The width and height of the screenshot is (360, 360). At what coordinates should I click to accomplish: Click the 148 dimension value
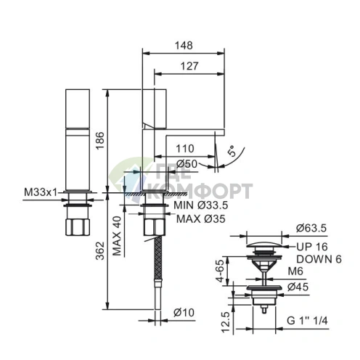click(184, 46)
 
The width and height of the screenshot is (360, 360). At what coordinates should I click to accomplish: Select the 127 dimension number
click(189, 66)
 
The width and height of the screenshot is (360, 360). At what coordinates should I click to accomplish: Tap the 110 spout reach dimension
click(185, 149)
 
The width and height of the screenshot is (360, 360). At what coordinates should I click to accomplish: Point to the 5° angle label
click(232, 151)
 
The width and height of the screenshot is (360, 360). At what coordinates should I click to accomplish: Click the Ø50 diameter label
click(187, 164)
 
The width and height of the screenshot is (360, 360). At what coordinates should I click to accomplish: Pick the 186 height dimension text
click(100, 141)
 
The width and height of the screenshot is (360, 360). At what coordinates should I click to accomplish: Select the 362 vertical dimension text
click(100, 250)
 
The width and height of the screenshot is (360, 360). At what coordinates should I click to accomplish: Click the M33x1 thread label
click(40, 192)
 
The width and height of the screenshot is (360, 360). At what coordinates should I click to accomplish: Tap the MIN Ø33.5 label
click(201, 205)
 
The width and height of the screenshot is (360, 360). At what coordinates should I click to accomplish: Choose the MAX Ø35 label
click(201, 219)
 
